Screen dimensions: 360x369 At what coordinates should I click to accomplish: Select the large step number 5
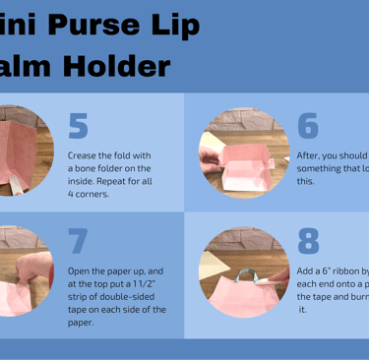[79, 125]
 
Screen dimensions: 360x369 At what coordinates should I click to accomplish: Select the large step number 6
[308, 125]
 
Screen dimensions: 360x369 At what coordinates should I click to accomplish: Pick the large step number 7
[79, 241]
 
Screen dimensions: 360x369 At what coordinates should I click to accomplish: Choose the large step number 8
[308, 241]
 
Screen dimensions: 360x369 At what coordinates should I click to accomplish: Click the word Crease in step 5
[83, 155]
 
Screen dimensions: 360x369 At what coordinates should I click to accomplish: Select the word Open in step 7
[80, 270]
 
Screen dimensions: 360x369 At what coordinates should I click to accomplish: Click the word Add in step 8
[306, 270]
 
